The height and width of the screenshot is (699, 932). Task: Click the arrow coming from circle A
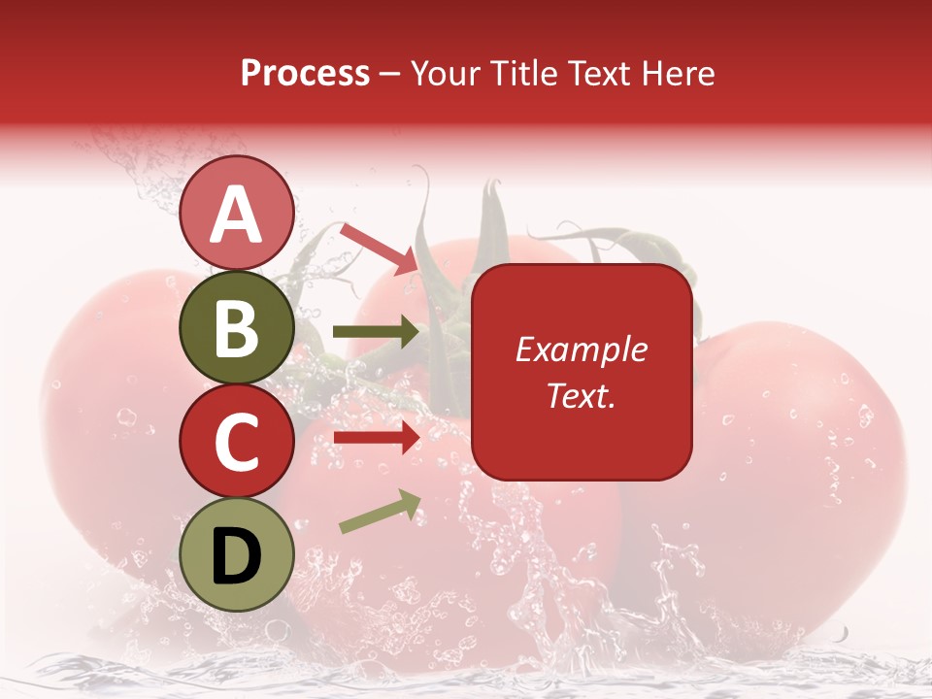point(379,249)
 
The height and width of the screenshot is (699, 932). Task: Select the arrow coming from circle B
point(377,332)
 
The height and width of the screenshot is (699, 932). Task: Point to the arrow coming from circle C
point(377,438)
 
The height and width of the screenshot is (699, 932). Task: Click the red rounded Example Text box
point(582,372)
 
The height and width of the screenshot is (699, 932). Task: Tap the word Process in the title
point(305,74)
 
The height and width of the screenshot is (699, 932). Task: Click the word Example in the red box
point(582,349)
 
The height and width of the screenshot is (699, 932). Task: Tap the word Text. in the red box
point(581,396)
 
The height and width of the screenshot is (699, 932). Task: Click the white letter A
point(236,215)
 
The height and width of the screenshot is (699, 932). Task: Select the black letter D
point(236,555)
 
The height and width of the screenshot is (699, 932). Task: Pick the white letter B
point(236,327)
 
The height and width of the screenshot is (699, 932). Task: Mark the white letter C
point(236,442)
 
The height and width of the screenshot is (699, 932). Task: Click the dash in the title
point(390,75)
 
